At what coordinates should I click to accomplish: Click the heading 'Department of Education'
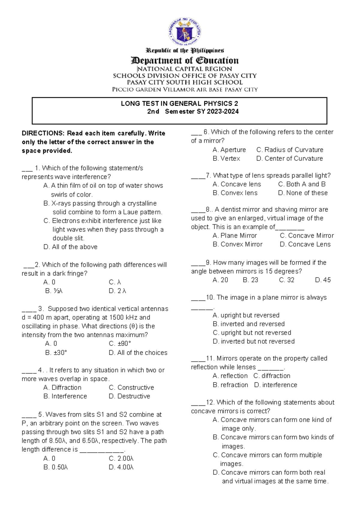point(185,61)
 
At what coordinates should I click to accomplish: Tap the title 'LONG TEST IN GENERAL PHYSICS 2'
point(179,104)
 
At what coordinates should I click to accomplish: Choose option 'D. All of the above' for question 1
point(70,247)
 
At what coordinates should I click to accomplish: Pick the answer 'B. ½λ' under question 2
point(54,291)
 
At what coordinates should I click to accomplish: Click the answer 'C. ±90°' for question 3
point(120,344)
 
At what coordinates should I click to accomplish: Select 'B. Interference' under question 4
point(65,396)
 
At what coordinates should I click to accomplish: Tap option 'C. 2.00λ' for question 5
point(121,459)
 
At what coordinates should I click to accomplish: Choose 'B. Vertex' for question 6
point(226,158)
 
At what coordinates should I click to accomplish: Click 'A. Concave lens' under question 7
point(237,184)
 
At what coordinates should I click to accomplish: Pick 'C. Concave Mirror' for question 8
point(307,236)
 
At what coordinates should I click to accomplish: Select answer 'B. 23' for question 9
point(250,280)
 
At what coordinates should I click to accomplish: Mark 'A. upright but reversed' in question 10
point(246,315)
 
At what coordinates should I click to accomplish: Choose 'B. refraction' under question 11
point(230,385)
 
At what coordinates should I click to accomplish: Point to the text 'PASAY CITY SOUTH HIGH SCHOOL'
point(185,83)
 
